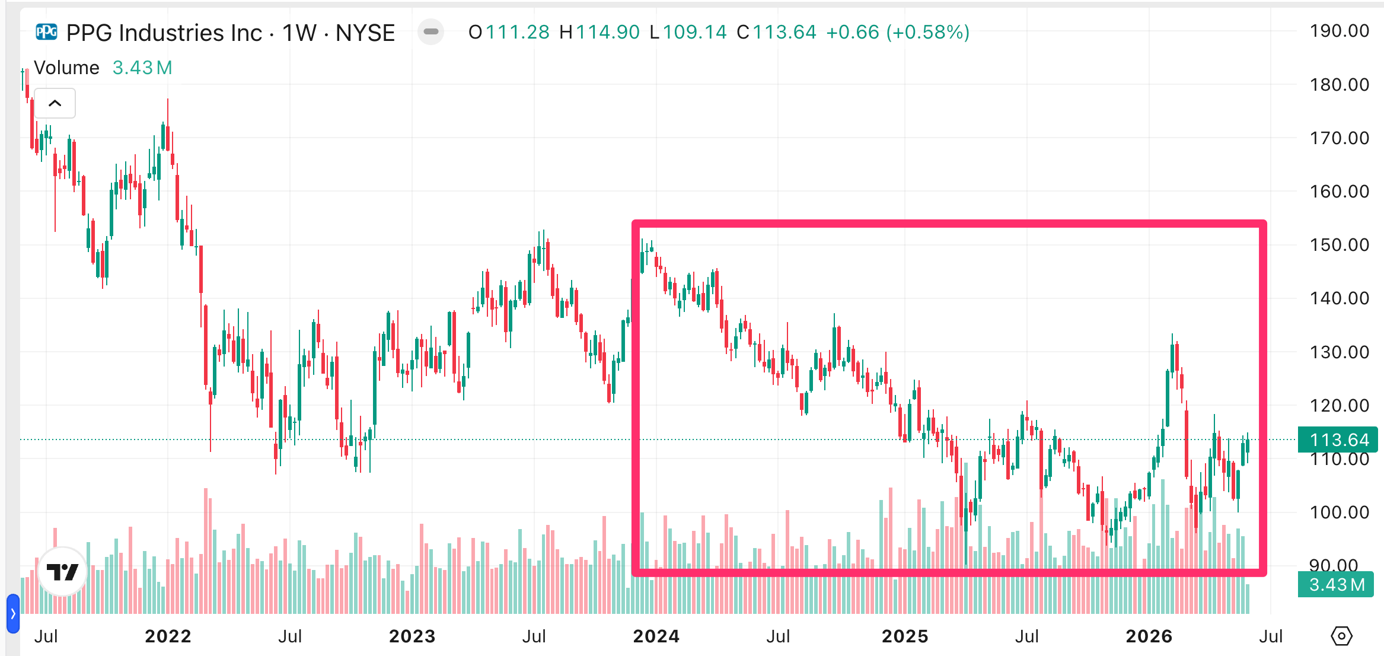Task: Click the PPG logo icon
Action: point(46,31)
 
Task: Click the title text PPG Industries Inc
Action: point(164,33)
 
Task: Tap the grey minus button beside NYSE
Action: point(431,31)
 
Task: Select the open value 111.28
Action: point(518,32)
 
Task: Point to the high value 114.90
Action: point(608,32)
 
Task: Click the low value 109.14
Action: point(694,32)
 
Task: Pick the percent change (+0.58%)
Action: point(928,32)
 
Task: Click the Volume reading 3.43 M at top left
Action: point(142,68)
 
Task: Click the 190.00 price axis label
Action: point(1340,31)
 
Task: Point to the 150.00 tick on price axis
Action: point(1340,244)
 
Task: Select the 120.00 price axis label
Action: point(1340,405)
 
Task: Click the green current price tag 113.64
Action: point(1338,440)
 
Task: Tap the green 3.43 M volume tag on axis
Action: point(1336,584)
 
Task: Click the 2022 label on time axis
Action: point(168,636)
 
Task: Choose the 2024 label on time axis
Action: point(656,636)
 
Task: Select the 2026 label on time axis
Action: point(1149,636)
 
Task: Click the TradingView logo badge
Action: point(62,572)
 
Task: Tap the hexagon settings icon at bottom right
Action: point(1341,636)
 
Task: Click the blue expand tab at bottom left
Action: point(13,614)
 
